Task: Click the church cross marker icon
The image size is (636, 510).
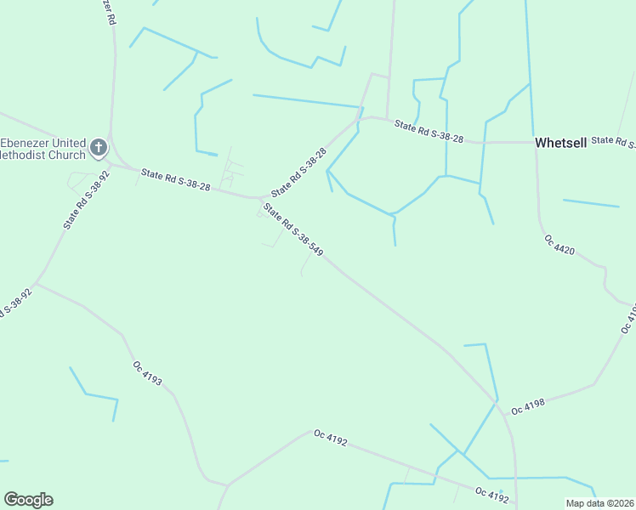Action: pyautogui.click(x=99, y=148)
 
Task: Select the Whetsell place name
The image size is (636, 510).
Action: pyautogui.click(x=561, y=143)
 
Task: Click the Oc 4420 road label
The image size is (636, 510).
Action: pyautogui.click(x=560, y=245)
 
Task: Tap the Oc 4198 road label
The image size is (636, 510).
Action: pyautogui.click(x=528, y=408)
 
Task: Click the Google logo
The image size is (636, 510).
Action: pyautogui.click(x=28, y=500)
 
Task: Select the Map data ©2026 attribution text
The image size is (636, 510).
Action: pyautogui.click(x=600, y=503)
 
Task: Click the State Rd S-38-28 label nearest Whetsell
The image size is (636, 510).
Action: pyautogui.click(x=429, y=133)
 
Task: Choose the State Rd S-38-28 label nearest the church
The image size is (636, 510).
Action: pyautogui.click(x=176, y=180)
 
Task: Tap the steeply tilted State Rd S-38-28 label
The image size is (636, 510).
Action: pyautogui.click(x=298, y=172)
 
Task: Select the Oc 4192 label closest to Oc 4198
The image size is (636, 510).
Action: pyautogui.click(x=492, y=493)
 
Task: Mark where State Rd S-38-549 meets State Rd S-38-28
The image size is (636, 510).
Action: pyautogui.click(x=262, y=199)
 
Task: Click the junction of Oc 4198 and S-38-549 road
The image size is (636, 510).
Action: pyautogui.click(x=496, y=399)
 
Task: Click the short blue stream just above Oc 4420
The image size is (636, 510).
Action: pyautogui.click(x=591, y=203)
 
